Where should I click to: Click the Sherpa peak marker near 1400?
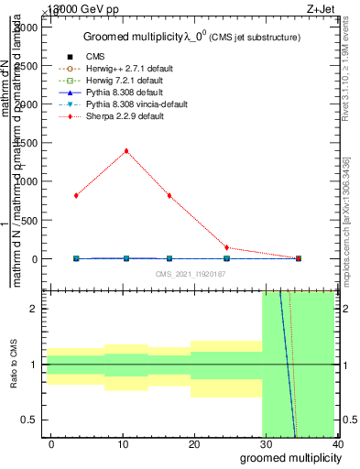(x=125, y=151)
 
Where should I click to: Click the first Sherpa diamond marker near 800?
(x=76, y=195)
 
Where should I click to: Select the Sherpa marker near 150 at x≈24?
(x=226, y=247)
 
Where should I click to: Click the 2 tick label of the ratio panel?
(x=33, y=310)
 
